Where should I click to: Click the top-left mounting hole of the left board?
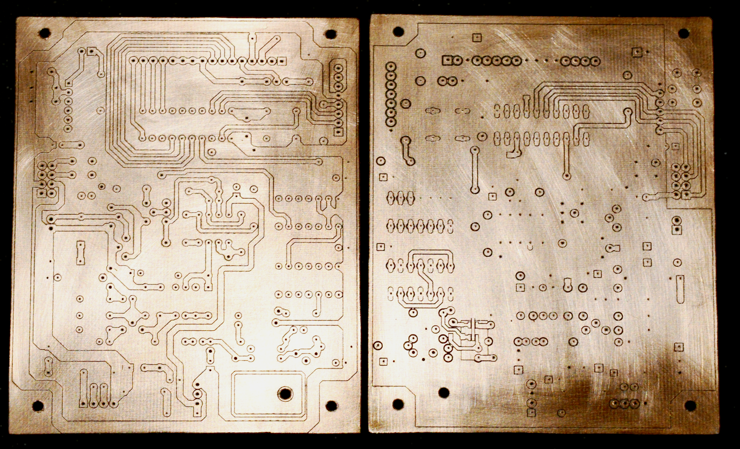point(44,34)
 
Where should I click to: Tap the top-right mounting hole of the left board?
point(331,34)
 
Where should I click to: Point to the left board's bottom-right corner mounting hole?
point(331,405)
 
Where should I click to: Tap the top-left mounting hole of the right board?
point(398,31)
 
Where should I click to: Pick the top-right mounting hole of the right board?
point(684,34)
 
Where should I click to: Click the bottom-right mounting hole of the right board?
point(690,406)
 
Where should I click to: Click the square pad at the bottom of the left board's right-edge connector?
point(338,132)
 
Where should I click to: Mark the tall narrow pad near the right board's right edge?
point(680,289)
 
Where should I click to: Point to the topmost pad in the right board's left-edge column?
point(391,67)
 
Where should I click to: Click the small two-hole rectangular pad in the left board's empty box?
point(80,252)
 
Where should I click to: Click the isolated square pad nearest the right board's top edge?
point(477,37)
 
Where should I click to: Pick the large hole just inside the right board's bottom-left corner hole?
point(444,393)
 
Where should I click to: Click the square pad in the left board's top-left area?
point(91,51)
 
